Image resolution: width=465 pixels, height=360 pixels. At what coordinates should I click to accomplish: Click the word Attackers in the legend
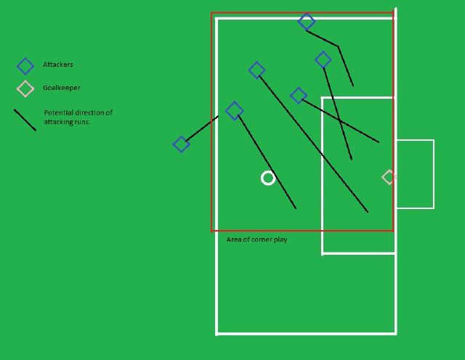58,65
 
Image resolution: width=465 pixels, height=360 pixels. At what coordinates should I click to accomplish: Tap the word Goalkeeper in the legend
61,88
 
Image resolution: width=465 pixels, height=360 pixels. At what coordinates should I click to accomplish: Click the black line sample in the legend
25,120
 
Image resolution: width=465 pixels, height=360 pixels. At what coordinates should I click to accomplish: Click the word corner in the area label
260,240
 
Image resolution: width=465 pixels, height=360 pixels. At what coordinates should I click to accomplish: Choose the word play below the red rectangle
279,240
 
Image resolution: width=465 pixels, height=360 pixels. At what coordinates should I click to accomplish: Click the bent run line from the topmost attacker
338,46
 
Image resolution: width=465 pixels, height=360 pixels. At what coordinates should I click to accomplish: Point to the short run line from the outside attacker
202,128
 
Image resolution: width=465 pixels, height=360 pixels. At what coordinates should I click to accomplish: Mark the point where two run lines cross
340,120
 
